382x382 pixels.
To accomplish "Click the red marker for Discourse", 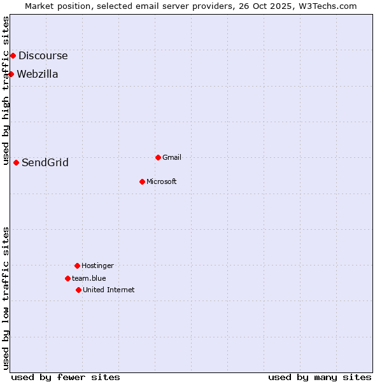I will (13, 55).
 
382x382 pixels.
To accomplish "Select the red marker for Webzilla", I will (11, 74).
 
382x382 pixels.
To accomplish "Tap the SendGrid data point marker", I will (16, 162).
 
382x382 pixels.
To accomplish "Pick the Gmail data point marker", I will (158, 157).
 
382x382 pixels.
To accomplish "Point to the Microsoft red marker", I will (142, 181).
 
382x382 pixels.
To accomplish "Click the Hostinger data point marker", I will (77, 265).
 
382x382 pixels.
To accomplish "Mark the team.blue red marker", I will (67, 278).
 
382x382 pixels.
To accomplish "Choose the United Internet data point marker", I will (78, 290).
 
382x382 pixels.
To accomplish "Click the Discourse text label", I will (43, 55).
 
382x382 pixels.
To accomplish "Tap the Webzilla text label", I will (38, 74).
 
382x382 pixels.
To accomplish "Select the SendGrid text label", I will (45, 162).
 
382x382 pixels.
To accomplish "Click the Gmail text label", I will (172, 157).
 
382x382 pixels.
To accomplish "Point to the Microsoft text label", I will (162, 181).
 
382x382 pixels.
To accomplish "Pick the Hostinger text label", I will (97, 265).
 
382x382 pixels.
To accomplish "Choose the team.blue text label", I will (89, 278).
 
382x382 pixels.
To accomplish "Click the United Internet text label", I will (109, 290).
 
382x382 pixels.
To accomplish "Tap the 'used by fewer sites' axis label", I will (66, 377).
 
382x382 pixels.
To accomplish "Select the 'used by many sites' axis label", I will (320, 377).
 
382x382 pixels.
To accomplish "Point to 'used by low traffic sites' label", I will (6, 298).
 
